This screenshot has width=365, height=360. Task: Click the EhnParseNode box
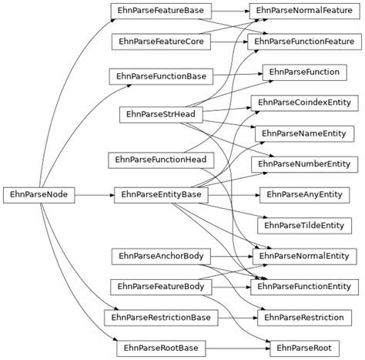(39, 195)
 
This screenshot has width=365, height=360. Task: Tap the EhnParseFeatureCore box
(162, 40)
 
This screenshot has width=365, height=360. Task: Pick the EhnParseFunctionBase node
(161, 76)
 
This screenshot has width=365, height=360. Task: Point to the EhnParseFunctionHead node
(161, 160)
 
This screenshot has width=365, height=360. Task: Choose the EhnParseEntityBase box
(161, 195)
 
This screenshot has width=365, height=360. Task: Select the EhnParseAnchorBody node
(161, 255)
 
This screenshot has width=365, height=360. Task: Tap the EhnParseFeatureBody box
(161, 287)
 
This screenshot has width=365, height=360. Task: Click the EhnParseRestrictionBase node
(161, 317)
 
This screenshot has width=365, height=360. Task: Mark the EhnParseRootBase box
(161, 348)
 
